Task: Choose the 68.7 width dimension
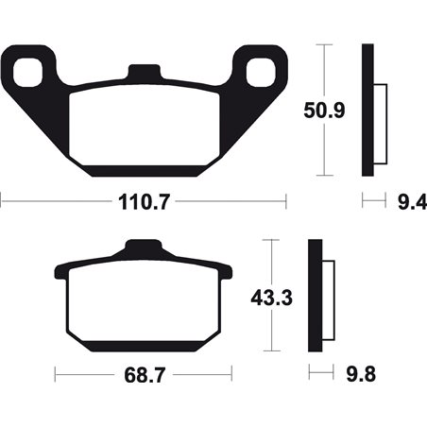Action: tap(142, 376)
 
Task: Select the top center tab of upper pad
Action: tap(144, 72)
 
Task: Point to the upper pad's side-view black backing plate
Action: tap(368, 110)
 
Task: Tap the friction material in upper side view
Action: tap(380, 119)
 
